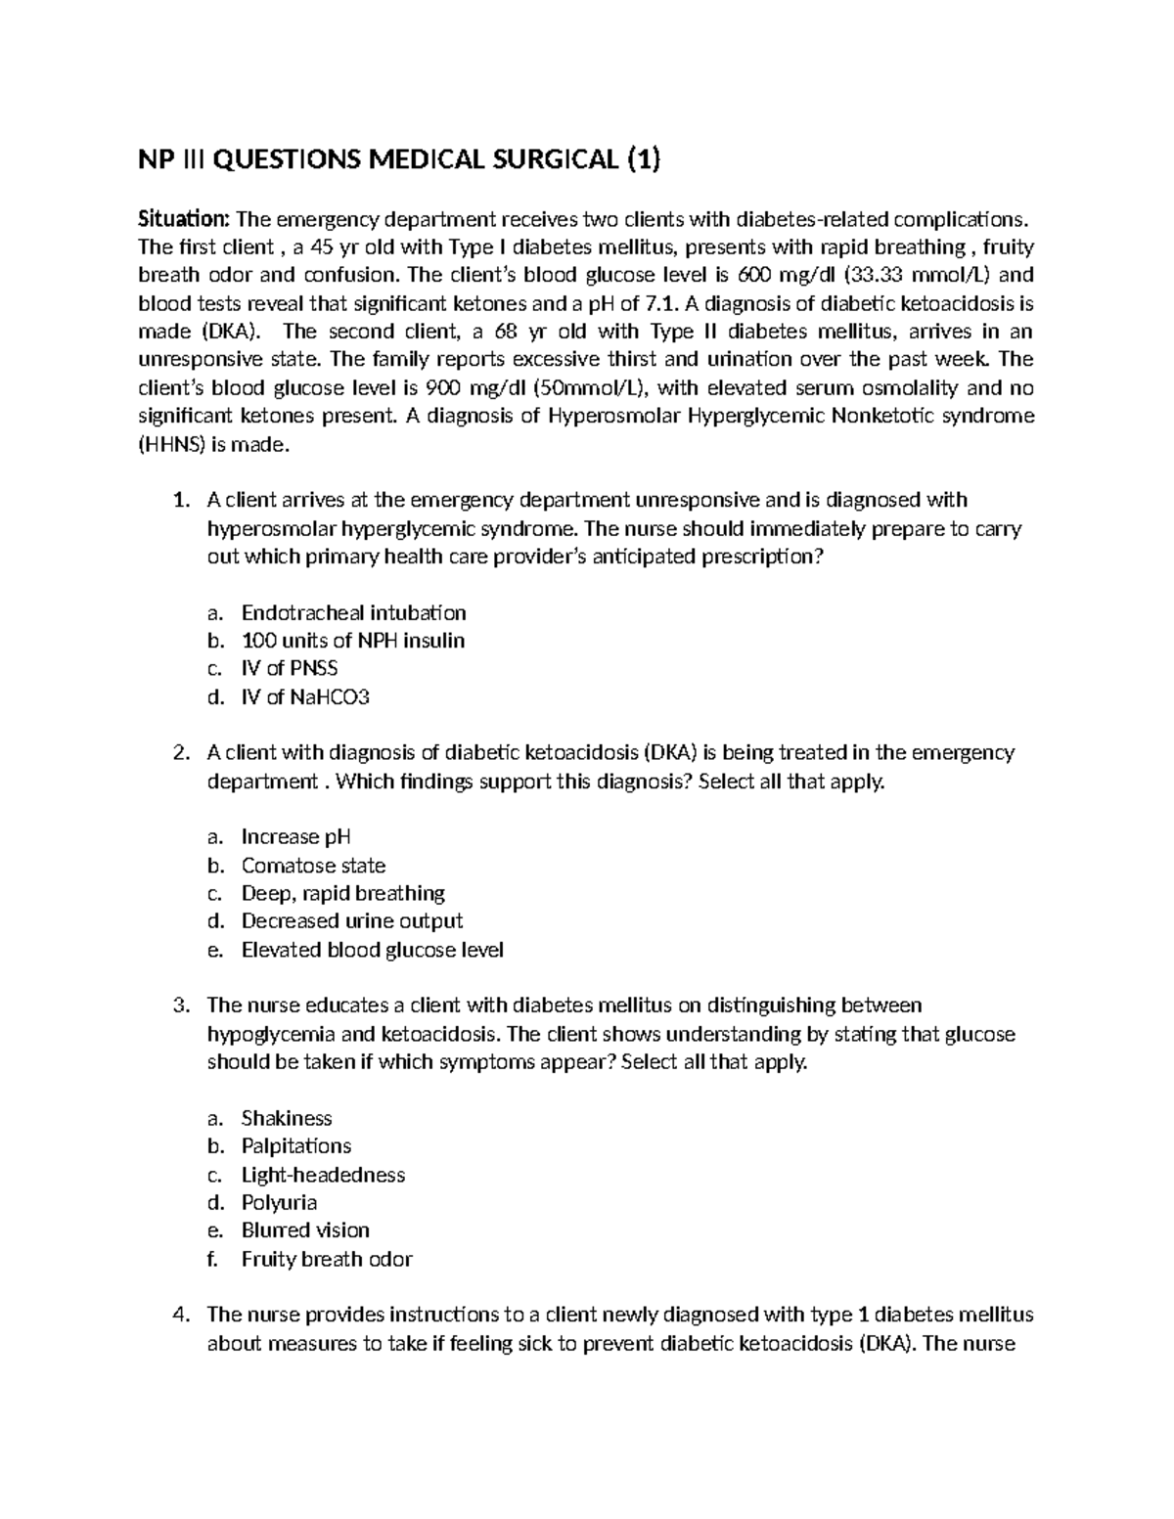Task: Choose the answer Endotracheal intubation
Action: click(x=353, y=613)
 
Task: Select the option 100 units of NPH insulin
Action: click(x=352, y=641)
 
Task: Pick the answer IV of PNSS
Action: click(x=290, y=669)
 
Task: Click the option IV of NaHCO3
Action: click(x=305, y=697)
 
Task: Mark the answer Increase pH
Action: click(x=295, y=837)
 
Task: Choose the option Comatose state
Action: click(x=313, y=866)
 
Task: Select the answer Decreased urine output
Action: click(x=351, y=921)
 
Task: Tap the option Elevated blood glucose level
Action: click(x=372, y=950)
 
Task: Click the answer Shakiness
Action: click(x=287, y=1118)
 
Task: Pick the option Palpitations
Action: click(x=295, y=1146)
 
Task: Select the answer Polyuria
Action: click(x=279, y=1202)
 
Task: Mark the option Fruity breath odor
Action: click(x=326, y=1259)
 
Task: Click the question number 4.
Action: click(x=179, y=1315)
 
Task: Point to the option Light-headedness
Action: click(x=323, y=1175)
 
